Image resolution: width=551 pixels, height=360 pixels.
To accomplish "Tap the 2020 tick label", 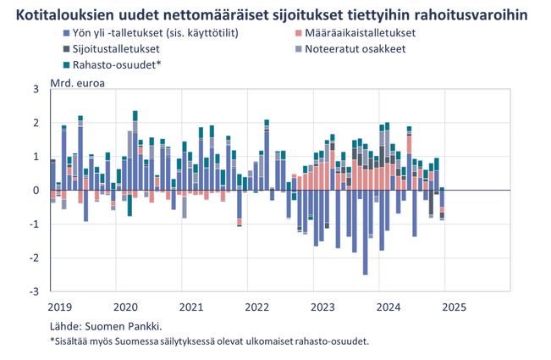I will coord(126,302).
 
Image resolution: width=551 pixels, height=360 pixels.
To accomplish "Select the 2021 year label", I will coord(191,302).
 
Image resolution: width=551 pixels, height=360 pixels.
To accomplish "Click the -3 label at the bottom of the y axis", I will coord(36,291).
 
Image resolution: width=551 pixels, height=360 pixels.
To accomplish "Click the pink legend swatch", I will coord(300,34).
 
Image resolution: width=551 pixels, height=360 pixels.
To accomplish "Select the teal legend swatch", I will coord(67,64).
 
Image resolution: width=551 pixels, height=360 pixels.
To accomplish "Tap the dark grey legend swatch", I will coord(67,49).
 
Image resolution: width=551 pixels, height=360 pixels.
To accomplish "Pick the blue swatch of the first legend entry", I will coord(67,34).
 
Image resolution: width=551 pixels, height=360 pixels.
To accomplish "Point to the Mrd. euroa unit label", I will coord(70,80).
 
